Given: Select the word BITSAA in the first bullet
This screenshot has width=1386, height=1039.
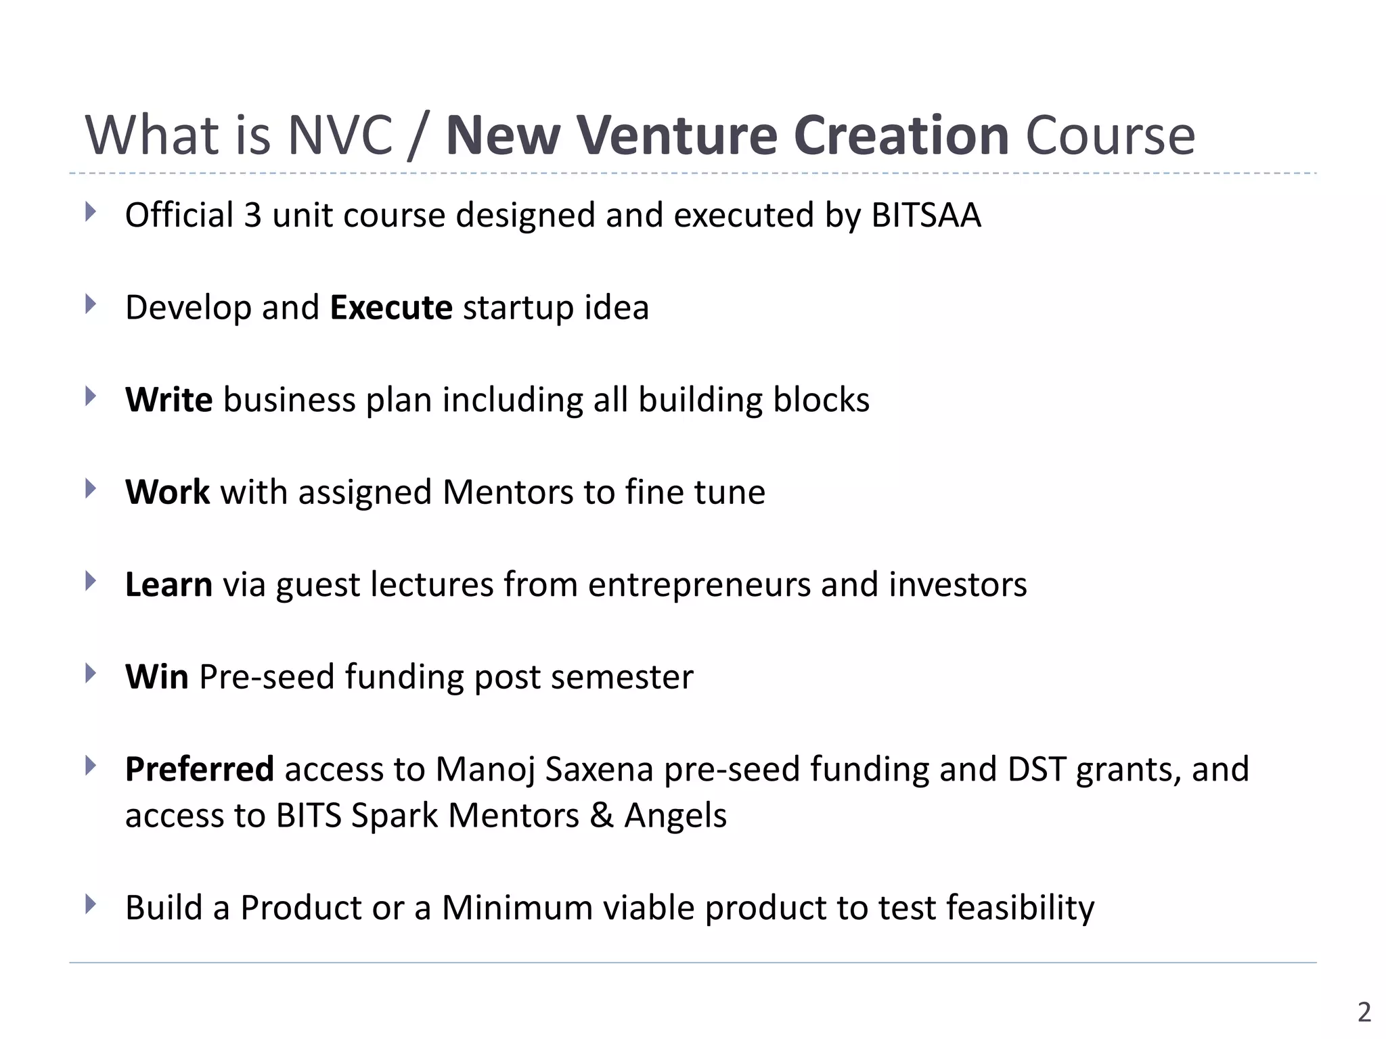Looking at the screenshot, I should pos(926,215).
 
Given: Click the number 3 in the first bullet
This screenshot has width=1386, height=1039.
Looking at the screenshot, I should pos(252,215).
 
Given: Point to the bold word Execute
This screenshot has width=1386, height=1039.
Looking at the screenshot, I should pos(391,308).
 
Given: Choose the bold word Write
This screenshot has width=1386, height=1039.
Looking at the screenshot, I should pos(169,400).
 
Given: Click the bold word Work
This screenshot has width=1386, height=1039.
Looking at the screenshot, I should pos(167,492).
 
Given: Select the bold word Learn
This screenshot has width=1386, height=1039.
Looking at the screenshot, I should pos(169,584).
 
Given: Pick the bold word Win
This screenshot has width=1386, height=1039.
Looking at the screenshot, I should pos(157,676).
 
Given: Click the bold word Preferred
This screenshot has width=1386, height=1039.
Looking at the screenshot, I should pos(200,769).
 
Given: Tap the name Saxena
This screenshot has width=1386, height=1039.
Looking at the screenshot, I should pos(599,769).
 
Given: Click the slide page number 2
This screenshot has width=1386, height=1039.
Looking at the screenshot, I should pos(1364,1012).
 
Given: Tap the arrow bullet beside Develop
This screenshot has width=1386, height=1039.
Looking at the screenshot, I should pos(91,304).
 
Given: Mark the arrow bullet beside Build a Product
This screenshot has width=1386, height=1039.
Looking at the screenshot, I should pos(91,904).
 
